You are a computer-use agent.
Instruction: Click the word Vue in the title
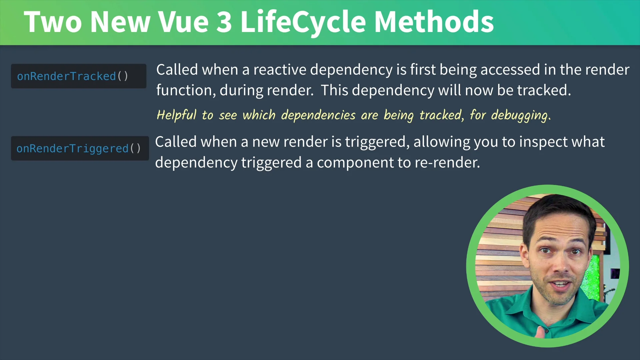pyautogui.click(x=183, y=22)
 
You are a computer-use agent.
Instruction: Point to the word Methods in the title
pyautogui.click(x=434, y=22)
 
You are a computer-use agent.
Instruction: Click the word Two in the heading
pyautogui.click(x=53, y=22)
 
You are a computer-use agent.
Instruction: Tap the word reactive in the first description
pyautogui.click(x=280, y=70)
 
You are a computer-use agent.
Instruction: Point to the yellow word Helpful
pyautogui.click(x=177, y=115)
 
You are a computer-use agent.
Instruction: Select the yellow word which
pyautogui.click(x=259, y=115)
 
